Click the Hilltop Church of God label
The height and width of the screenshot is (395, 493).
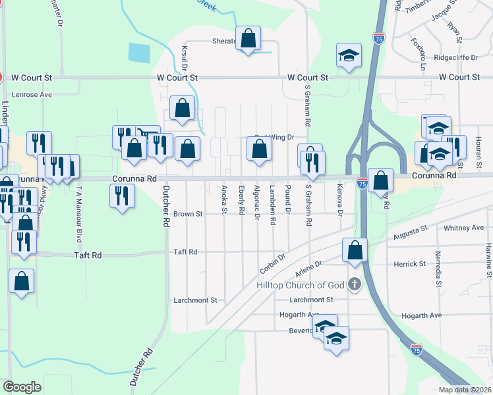pos(301,285)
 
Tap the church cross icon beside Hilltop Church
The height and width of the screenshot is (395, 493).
pos(355,285)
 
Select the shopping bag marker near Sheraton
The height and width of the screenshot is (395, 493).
pos(248,39)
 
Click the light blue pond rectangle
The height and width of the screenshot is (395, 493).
pos(139,53)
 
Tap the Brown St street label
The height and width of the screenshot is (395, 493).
pos(188,214)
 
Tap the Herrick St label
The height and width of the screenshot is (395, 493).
pos(410,263)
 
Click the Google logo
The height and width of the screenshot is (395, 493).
pos(22,387)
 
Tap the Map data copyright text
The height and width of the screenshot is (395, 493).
pos(464,390)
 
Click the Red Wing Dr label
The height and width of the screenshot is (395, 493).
pos(274,138)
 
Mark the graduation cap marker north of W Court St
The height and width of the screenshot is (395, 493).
pos(349,55)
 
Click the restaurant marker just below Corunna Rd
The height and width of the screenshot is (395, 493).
pos(122,196)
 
